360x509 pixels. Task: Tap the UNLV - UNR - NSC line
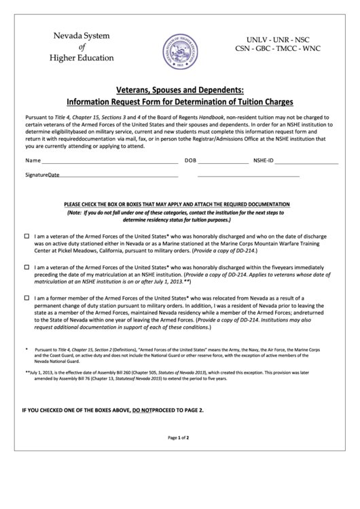pos(278,39)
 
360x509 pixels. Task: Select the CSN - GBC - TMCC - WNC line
pos(278,50)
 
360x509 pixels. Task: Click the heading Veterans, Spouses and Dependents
pos(179,90)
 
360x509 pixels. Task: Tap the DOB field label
pos(190,161)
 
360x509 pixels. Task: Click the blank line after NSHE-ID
pos(306,162)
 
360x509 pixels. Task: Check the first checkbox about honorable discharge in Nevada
pos(27,236)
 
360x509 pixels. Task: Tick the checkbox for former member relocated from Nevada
pos(27,298)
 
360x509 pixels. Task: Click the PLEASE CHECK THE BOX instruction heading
pos(177,205)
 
